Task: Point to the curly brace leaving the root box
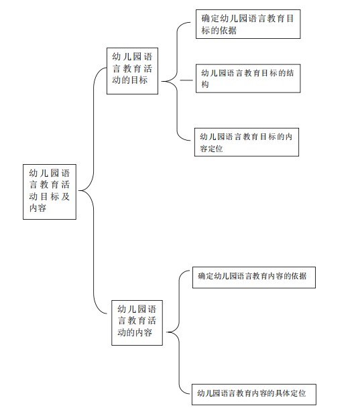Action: point(93,190)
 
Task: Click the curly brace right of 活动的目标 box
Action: point(177,81)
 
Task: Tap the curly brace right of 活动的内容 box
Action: point(179,332)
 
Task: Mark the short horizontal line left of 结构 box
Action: point(186,80)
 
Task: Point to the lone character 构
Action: point(205,84)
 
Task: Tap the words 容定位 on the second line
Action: point(211,149)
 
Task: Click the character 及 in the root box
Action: point(66,196)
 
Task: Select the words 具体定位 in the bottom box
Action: point(290,393)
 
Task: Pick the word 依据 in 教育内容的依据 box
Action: point(299,276)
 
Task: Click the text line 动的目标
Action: point(130,80)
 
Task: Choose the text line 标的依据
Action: point(219,30)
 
